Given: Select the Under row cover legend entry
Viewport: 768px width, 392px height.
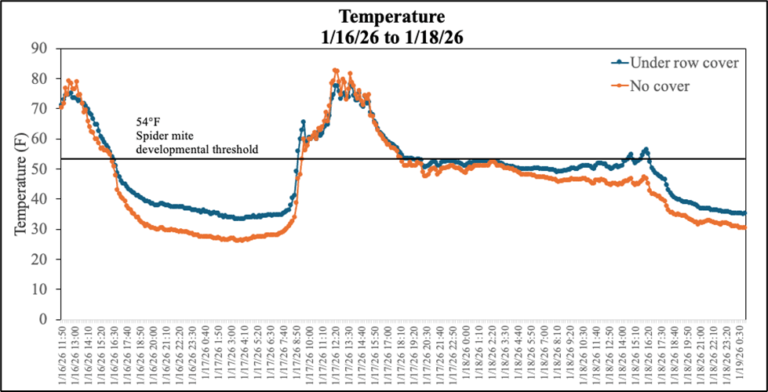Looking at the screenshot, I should coord(684,63).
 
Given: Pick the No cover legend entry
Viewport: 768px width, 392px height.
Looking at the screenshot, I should coord(660,85).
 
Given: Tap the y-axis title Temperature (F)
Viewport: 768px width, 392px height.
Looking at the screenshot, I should coord(21,183).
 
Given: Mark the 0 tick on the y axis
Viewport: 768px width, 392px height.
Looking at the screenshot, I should coord(43,320).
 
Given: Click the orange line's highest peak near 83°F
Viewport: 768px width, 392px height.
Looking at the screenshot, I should coord(336,71).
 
